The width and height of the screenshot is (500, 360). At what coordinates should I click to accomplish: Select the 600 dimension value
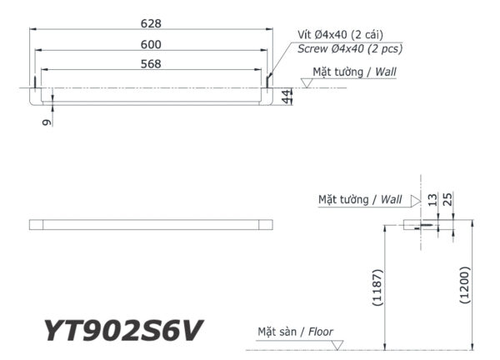point(151,43)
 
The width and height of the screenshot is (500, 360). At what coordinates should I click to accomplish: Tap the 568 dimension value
point(151,63)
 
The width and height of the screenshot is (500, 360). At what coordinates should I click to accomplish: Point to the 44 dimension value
point(287,97)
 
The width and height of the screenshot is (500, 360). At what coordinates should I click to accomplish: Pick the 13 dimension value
point(432,200)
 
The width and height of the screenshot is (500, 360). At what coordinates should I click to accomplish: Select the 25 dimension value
point(448,200)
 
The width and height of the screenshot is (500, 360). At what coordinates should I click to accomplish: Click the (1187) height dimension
point(377,288)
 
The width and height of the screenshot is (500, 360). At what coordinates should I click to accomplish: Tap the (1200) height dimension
point(464,288)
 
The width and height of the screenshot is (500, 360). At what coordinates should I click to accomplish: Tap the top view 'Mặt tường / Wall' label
point(354,72)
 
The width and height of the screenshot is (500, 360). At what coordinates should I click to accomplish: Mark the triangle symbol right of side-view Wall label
point(413,200)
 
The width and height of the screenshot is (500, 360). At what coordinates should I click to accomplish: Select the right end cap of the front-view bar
point(266,225)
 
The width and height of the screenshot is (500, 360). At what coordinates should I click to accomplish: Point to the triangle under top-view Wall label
point(307,82)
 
